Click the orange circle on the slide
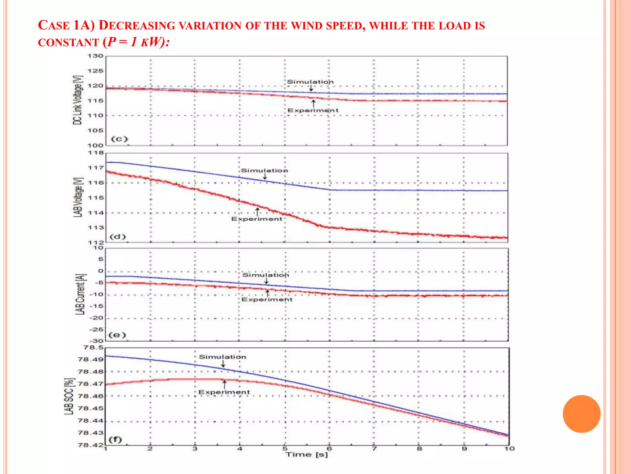point(581,414)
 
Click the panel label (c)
point(119,139)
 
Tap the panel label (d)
point(118,237)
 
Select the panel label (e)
point(117,335)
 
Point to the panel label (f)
point(116,439)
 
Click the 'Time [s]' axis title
point(307,455)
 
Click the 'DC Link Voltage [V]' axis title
point(78,100)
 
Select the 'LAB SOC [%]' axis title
point(69,396)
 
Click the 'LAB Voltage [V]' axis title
point(78,197)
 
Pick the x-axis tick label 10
point(509,449)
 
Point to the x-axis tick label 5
point(285,449)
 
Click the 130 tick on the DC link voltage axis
point(95,56)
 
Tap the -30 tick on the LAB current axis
point(96,341)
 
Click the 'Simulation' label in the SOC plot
point(222,357)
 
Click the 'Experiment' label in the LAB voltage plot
point(257,219)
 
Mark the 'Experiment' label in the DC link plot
point(313,110)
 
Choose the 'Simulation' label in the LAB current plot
point(266,275)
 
